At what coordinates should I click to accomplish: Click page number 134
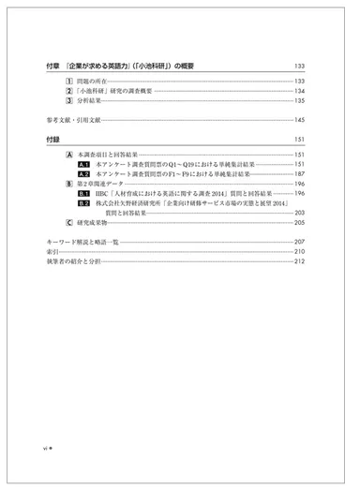300,91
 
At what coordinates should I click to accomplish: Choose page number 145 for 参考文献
300,120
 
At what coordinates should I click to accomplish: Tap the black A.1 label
83,164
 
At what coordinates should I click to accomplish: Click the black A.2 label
83,174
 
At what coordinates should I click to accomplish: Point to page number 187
300,174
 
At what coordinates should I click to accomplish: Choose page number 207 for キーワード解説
300,243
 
